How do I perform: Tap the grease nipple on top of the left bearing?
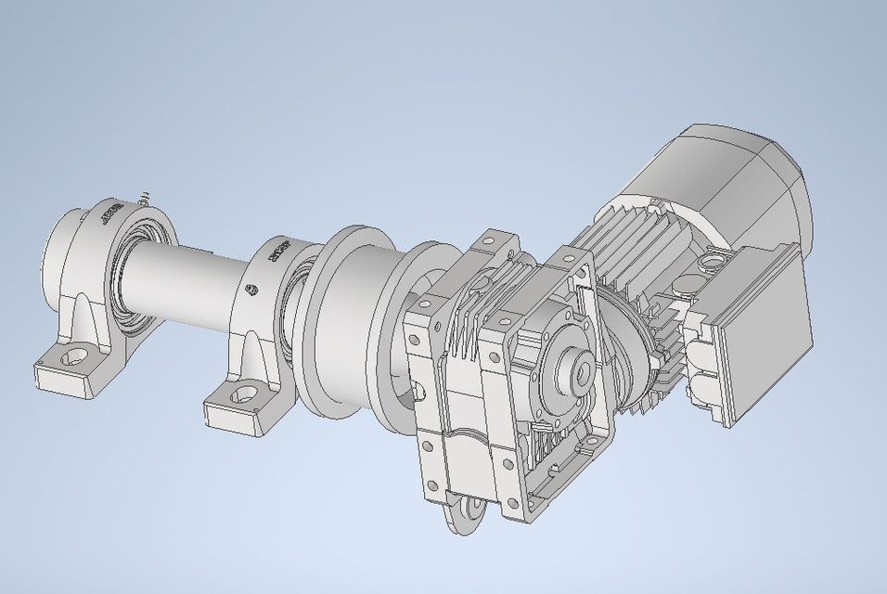click(144, 198)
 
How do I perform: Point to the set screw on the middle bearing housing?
click(249, 290)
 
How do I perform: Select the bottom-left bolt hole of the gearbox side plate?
click(431, 477)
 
